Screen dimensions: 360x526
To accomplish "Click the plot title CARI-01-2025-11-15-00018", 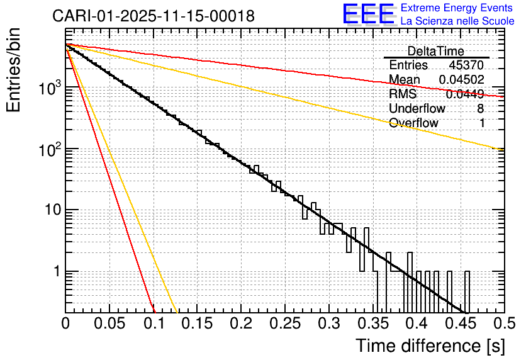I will point(154,16).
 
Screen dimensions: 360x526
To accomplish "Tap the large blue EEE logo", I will point(369,14).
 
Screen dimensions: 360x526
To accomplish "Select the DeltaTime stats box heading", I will point(436,51).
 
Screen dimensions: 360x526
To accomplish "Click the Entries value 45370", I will point(466,65).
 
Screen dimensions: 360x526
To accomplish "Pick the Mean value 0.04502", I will point(461,80).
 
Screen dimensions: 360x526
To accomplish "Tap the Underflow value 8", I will point(481,108).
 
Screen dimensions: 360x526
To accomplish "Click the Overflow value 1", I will point(481,123).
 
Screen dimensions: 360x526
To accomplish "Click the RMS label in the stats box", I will point(403,94).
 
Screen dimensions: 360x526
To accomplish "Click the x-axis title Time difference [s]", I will point(429,345).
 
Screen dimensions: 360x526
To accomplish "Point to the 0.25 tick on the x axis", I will point(284,323).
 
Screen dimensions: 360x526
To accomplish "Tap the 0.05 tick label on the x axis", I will point(109,323).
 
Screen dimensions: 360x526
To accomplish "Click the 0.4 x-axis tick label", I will point(415,323).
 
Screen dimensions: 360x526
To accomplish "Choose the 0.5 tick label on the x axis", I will point(502,323).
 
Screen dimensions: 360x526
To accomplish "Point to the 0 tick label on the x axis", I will point(66,323).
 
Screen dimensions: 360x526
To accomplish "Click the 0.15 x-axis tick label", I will point(197,323).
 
